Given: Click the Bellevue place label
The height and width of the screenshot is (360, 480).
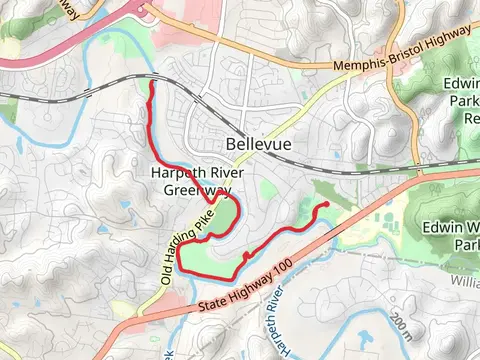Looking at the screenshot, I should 259,144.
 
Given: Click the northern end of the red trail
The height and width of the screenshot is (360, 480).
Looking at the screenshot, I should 151,85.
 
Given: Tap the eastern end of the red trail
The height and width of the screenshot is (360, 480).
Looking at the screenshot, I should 325,204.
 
